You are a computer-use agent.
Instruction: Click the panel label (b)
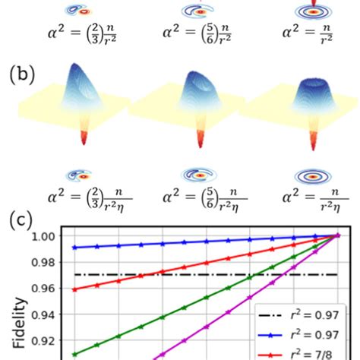point(24,76)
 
